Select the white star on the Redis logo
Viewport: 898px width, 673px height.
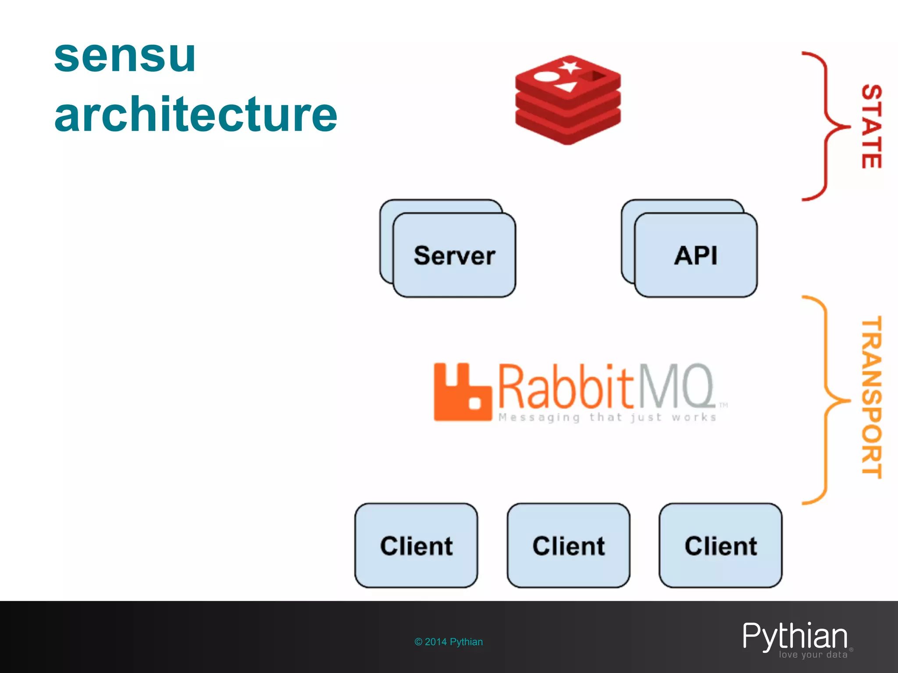click(x=570, y=67)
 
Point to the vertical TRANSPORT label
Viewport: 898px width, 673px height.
click(x=872, y=397)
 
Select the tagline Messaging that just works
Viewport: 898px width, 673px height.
click(x=607, y=417)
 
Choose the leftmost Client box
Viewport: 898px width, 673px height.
click(x=416, y=545)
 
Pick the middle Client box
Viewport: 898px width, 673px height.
click(x=568, y=545)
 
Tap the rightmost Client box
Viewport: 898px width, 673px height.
click(x=720, y=545)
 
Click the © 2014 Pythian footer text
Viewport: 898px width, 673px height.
click(x=449, y=642)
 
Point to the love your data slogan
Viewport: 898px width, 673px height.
click(x=813, y=655)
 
